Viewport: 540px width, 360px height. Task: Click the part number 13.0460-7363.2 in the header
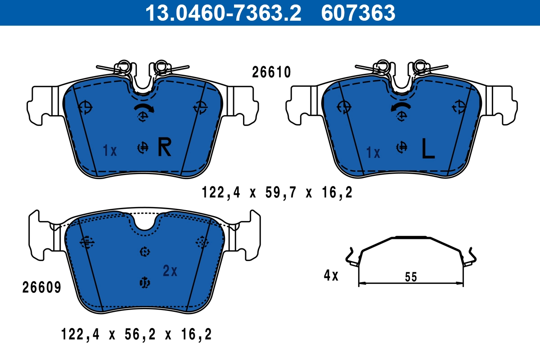tap(222, 13)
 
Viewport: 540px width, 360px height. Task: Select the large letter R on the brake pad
tap(164, 148)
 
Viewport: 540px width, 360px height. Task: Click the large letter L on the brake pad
tap(427, 149)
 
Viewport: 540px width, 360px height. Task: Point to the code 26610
tap(271, 72)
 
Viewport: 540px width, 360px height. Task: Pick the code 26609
tap(41, 288)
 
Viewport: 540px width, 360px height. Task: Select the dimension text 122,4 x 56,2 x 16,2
tap(136, 334)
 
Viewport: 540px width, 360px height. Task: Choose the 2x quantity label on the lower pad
tap(170, 271)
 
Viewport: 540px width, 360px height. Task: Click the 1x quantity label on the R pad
tap(110, 151)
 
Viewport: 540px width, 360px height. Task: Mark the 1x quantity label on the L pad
tap(373, 153)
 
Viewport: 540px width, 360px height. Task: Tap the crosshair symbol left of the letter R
tap(143, 147)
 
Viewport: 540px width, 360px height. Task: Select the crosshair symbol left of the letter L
tap(401, 147)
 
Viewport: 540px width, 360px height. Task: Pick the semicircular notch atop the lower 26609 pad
tap(145, 223)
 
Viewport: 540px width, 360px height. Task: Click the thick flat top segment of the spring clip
tap(410, 236)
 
